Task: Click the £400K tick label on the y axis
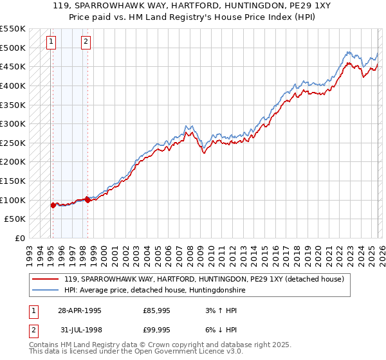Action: coord(13,85)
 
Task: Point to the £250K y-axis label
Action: coord(13,143)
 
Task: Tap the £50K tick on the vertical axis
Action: coord(15,219)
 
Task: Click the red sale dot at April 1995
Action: coord(53,205)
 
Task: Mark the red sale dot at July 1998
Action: coord(87,200)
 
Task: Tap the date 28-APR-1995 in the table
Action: coord(80,310)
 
